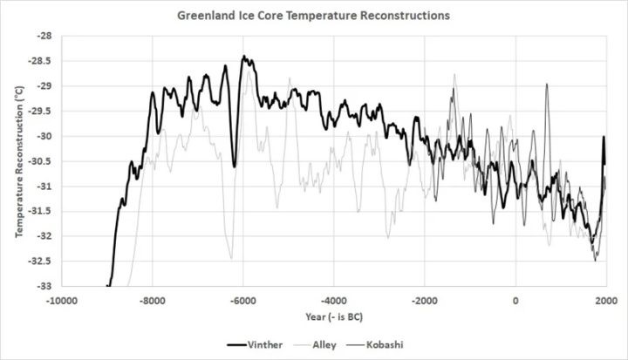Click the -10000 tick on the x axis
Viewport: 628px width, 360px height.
(61, 300)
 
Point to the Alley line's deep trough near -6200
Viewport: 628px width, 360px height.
(231, 257)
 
